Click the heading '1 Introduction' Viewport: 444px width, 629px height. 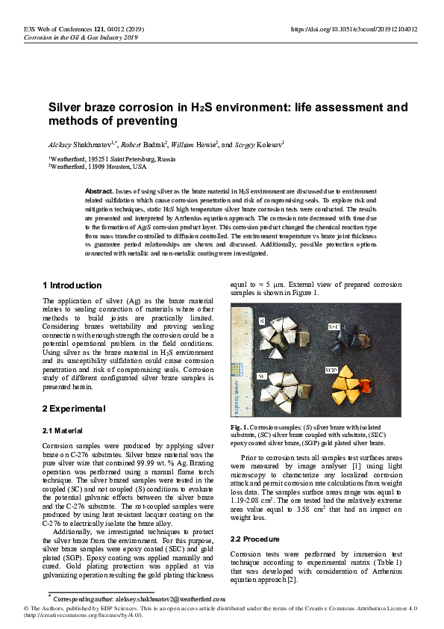coord(72,285)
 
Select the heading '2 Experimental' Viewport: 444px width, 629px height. coord(74,408)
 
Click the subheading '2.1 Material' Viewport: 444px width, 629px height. coord(63,430)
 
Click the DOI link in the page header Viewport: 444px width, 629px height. coord(353,29)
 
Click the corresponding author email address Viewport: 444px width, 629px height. coord(160,599)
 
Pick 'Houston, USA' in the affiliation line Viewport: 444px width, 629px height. coord(123,167)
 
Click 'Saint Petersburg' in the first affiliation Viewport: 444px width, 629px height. coord(138,158)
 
